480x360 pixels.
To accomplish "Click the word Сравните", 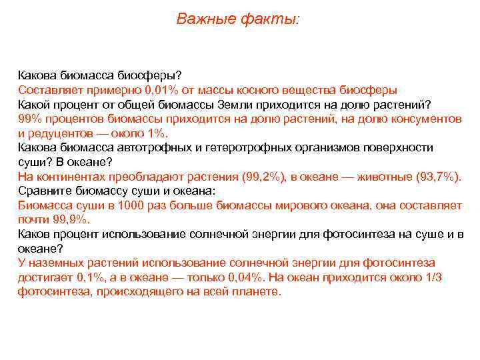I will (x=44, y=191).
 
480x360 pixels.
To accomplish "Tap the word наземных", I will (x=55, y=263).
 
